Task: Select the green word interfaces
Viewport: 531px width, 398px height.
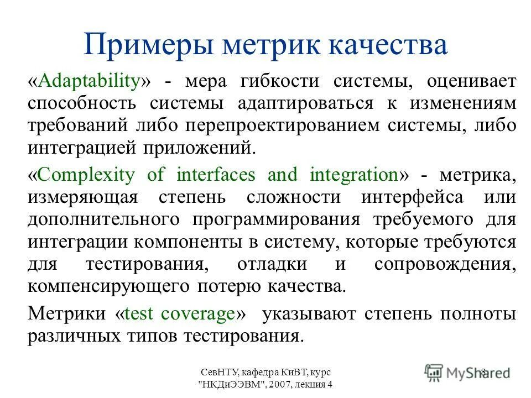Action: coord(216,175)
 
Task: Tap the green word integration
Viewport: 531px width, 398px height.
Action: coord(354,175)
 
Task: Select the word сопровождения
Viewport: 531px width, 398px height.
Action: coord(445,264)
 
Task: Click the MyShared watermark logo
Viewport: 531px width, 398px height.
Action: coord(467,372)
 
